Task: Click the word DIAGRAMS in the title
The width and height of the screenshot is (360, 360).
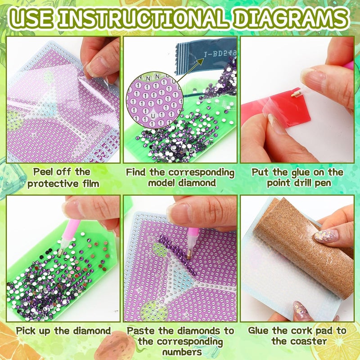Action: (290, 18)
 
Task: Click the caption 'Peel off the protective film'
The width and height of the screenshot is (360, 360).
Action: (63, 178)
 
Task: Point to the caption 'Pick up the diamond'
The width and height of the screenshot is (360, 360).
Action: (63, 331)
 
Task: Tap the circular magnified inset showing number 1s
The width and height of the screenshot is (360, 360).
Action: (154, 100)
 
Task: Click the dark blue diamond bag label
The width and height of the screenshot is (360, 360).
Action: (206, 56)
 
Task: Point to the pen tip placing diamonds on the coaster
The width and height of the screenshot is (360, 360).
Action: (189, 256)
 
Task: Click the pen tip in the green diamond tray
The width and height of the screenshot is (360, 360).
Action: (60, 252)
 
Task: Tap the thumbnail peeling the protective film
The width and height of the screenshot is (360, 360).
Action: (95, 67)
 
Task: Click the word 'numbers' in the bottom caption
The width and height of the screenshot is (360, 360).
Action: (182, 352)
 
